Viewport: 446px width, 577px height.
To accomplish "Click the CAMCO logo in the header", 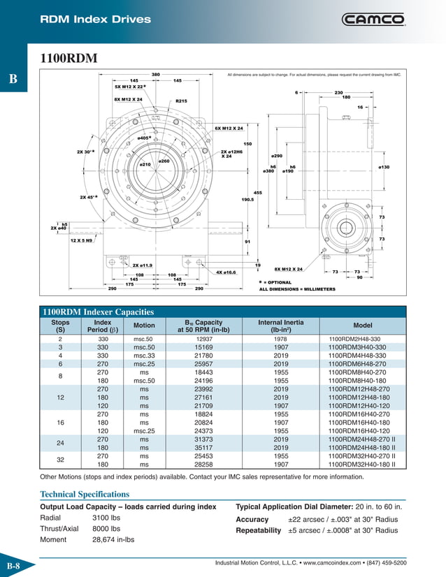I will [373, 20].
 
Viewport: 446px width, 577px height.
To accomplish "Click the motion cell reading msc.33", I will [143, 355].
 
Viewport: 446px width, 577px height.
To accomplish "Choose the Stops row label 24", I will [60, 444].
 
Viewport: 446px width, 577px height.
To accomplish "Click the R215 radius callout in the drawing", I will [181, 101].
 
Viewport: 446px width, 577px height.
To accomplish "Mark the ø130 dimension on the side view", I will [384, 167].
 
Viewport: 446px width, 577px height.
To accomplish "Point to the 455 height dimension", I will [257, 192].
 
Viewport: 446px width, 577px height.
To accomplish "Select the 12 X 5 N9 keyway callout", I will [87, 240].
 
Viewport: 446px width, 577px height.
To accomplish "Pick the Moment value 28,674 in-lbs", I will [113, 540].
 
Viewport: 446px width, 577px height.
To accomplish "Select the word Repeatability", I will [258, 530].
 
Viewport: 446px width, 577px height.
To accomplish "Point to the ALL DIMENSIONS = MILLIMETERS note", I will [297, 289].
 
